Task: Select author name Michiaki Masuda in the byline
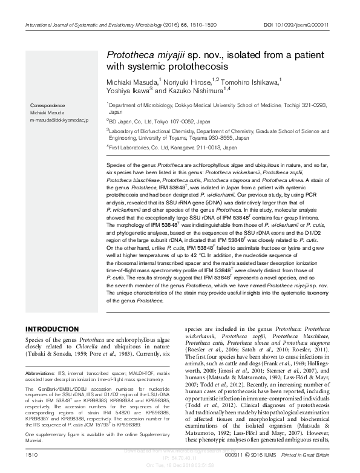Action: pos(131,80)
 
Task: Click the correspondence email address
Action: pos(55,121)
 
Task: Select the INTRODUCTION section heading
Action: pos(54,328)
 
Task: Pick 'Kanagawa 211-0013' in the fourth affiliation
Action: pos(195,146)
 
